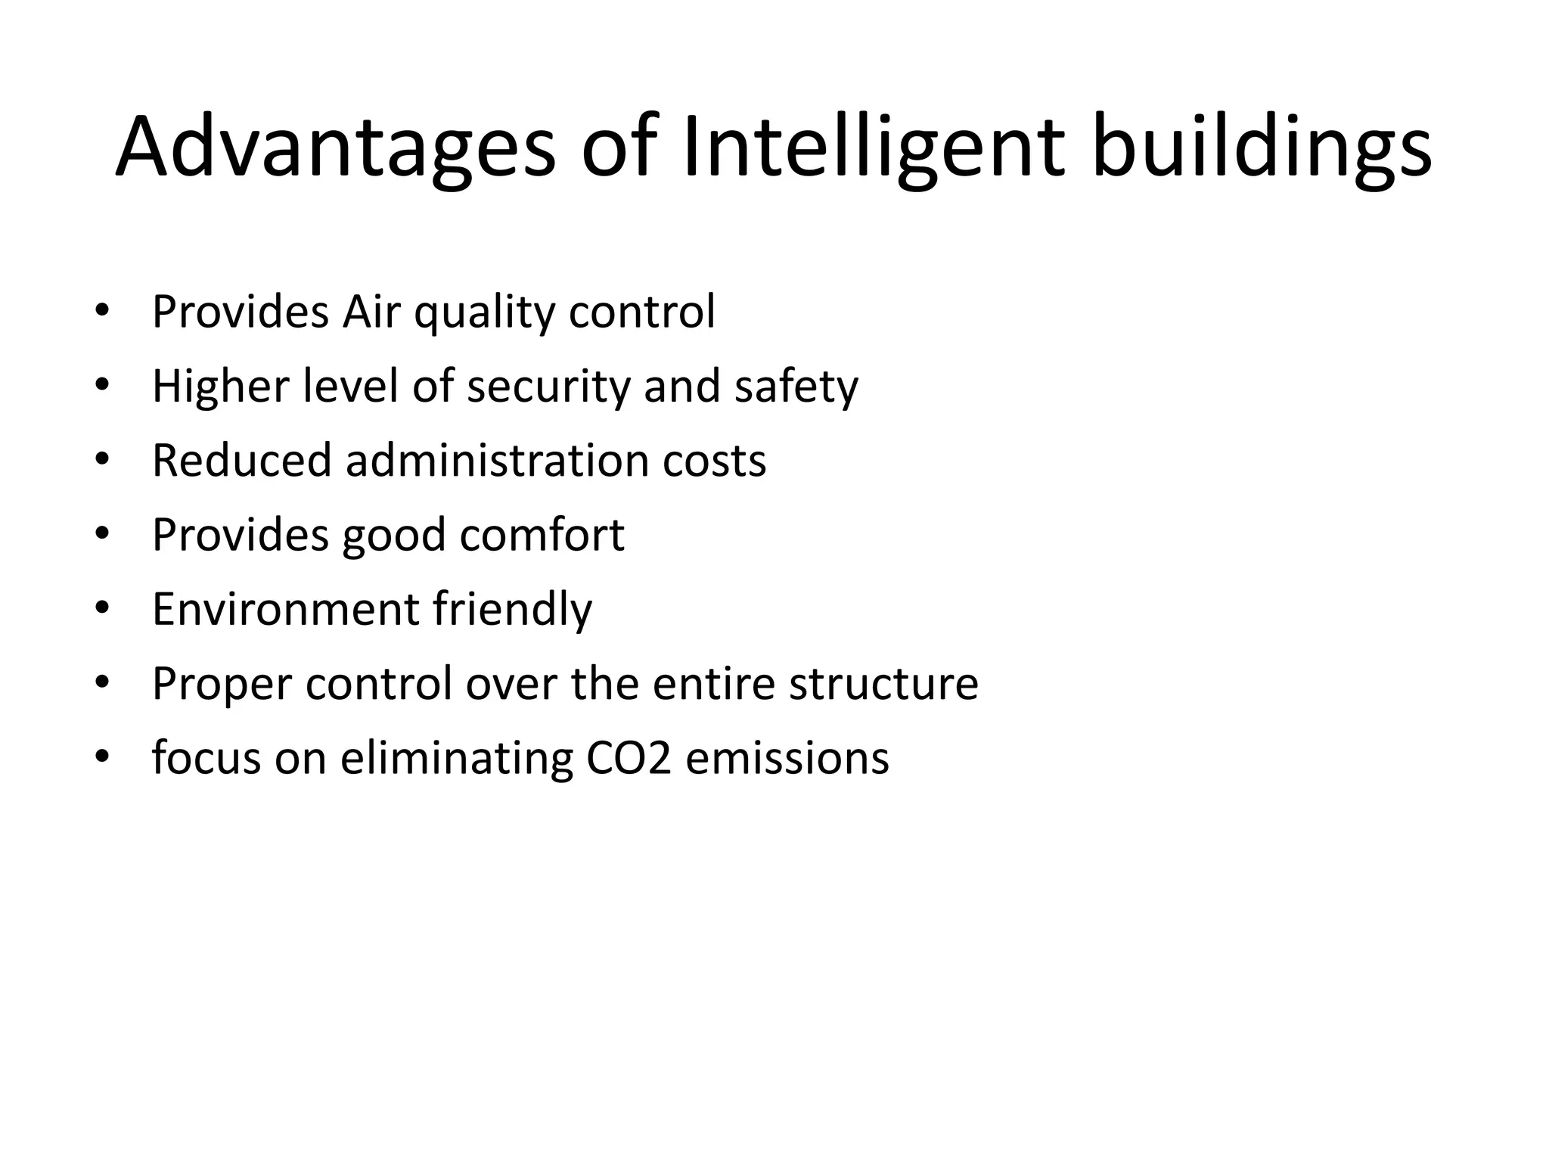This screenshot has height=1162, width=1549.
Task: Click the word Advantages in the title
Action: pos(335,147)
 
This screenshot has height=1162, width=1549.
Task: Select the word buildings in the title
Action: pos(1262,147)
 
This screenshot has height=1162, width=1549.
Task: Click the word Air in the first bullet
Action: pos(370,311)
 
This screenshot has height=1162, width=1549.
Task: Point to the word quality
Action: pos(484,312)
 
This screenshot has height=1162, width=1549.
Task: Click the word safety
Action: pos(796,387)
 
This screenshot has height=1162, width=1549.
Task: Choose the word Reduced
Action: pos(241,460)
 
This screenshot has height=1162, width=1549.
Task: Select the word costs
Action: pos(714,460)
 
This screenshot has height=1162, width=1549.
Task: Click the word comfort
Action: pos(542,534)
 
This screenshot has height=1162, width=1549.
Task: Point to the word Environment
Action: pos(285,608)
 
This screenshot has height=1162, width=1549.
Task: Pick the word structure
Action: pos(883,682)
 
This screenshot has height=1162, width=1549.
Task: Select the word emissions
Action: pos(787,757)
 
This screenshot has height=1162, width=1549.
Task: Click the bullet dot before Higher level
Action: pos(103,386)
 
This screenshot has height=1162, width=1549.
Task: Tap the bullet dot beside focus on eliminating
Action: pos(103,757)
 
